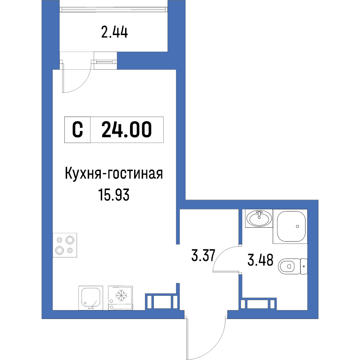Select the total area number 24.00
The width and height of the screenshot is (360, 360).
click(x=126, y=130)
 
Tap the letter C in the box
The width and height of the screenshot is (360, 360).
click(x=78, y=130)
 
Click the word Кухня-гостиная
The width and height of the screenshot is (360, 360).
click(x=113, y=173)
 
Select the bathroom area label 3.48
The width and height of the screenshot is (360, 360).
click(x=260, y=260)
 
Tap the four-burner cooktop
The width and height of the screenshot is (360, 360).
click(x=65, y=245)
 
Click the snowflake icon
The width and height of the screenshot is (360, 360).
click(x=121, y=295)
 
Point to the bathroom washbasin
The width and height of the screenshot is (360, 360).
click(x=259, y=219)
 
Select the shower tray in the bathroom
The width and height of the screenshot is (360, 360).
click(x=291, y=225)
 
